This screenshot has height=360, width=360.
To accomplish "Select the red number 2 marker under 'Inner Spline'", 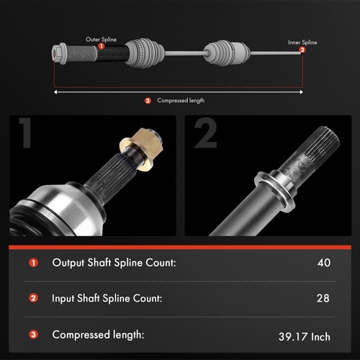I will (302, 50).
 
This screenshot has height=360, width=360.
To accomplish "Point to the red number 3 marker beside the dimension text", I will (148, 101).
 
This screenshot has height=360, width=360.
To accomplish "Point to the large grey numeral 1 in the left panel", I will (27, 135).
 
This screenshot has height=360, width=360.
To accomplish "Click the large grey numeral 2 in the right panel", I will (205, 135).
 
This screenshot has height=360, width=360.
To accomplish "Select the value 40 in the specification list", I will (323, 263).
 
